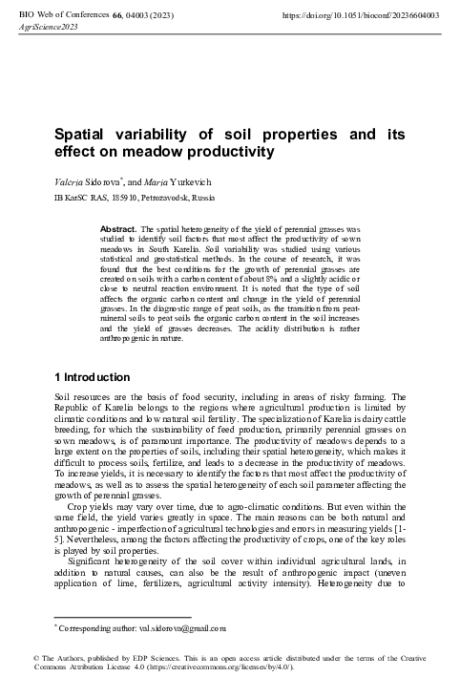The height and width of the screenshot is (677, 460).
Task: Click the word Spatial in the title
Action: point(83,136)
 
